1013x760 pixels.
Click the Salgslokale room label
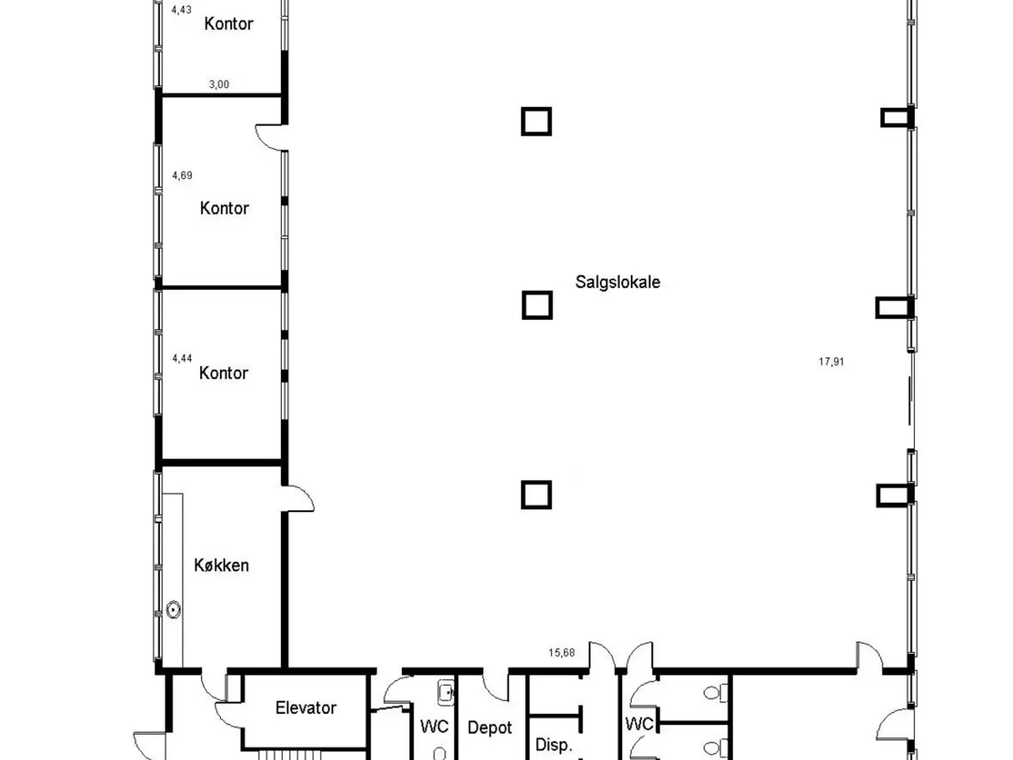(x=617, y=282)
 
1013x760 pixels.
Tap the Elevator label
(x=305, y=708)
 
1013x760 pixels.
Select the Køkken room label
(x=222, y=564)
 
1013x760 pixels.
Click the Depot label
(x=490, y=728)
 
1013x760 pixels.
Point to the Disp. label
(x=553, y=744)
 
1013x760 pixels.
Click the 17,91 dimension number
(x=831, y=362)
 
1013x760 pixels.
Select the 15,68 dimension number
(x=562, y=652)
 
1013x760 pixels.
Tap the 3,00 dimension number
(x=218, y=85)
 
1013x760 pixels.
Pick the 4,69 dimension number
(x=182, y=175)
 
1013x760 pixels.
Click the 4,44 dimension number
(x=182, y=359)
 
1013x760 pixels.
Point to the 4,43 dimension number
(x=181, y=9)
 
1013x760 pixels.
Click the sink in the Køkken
(x=173, y=610)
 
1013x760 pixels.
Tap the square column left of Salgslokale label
(x=537, y=305)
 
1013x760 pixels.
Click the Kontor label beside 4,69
(x=224, y=208)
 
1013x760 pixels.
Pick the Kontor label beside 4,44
(x=223, y=373)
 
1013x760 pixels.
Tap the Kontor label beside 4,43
(x=229, y=24)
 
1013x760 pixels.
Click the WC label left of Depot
(x=434, y=726)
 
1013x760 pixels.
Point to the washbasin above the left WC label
(x=446, y=692)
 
